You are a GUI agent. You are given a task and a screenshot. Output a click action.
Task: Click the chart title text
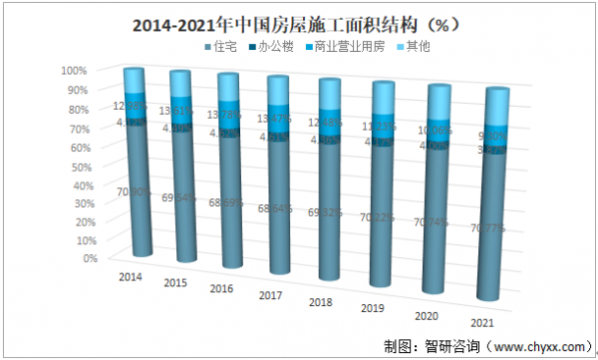pos(299,21)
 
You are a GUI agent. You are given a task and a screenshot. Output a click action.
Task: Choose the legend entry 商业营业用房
pos(345,47)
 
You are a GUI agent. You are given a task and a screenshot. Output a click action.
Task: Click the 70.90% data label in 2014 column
pos(131,191)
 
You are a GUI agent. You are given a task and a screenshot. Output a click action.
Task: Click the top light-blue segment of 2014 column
pos(135,81)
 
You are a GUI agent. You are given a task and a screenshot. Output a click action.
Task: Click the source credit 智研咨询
pos(437,346)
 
